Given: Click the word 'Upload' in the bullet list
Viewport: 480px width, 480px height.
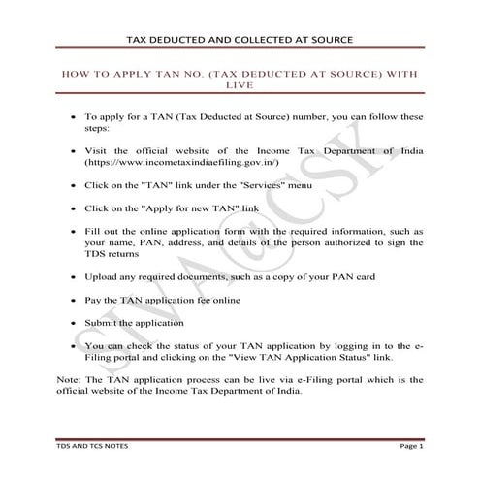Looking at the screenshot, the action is coord(101,276).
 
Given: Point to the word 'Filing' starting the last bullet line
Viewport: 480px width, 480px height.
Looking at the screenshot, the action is coord(99,357).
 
